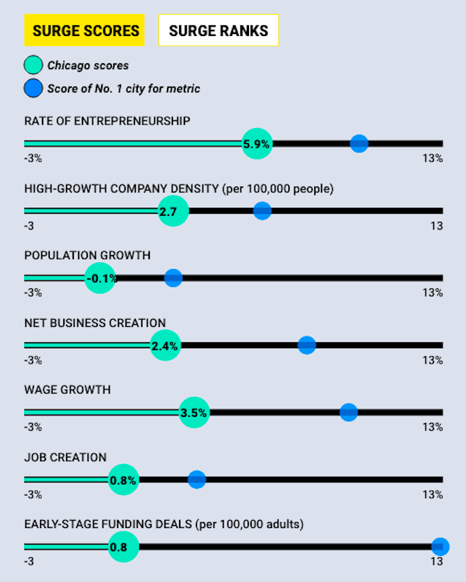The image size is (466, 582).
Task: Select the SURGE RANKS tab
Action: [x=218, y=31]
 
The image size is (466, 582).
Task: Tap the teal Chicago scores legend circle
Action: [x=33, y=65]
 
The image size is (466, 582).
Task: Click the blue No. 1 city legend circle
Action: [x=33, y=88]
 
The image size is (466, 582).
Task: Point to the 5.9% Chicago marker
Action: [x=256, y=143]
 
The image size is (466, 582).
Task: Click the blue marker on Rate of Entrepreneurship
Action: [x=359, y=143]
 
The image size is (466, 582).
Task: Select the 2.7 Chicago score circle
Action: [x=173, y=211]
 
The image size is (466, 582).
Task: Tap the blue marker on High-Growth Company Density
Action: [x=262, y=210]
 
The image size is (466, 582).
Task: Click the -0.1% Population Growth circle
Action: [x=101, y=278]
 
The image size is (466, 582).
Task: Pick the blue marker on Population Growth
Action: [x=173, y=278]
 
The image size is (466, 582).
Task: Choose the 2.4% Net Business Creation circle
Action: [x=164, y=346]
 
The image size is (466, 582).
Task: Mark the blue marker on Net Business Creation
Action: [x=306, y=345]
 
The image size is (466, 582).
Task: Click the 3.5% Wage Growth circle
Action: [x=194, y=413]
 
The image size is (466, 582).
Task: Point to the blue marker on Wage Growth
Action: [x=348, y=412]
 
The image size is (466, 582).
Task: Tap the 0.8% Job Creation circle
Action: [x=123, y=479]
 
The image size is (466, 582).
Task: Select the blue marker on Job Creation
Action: [x=196, y=479]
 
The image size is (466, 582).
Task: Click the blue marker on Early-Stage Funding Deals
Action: [x=439, y=547]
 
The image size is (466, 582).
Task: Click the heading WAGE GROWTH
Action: [x=67, y=390]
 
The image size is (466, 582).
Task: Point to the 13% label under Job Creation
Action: [x=432, y=494]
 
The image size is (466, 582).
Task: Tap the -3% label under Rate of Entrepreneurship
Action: [x=33, y=158]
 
